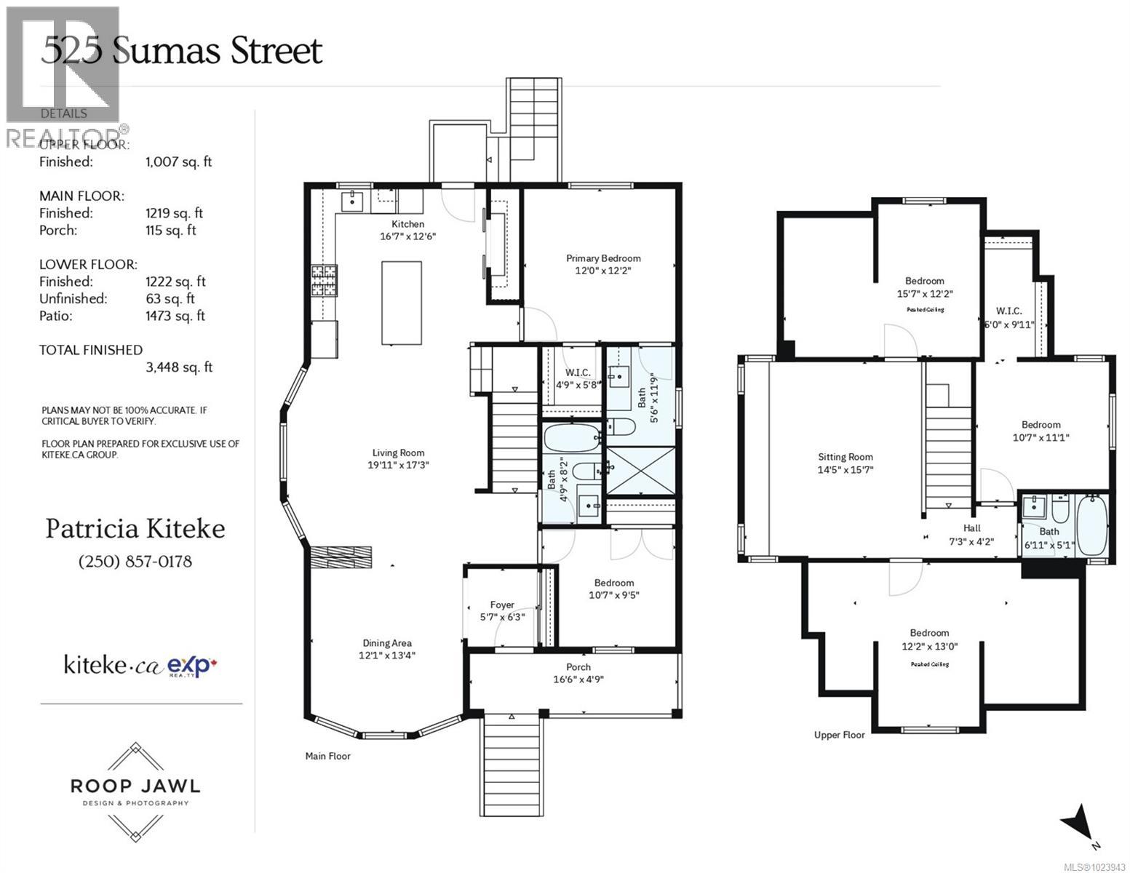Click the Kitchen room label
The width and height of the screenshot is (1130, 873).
tap(407, 224)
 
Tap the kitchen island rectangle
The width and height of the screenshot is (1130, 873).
tap(402, 303)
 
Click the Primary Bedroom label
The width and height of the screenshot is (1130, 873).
tap(603, 258)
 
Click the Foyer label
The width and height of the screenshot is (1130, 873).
tap(502, 605)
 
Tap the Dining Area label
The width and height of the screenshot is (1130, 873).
tap(387, 643)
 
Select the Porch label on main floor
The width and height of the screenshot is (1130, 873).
tap(578, 667)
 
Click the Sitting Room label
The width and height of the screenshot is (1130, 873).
tap(845, 457)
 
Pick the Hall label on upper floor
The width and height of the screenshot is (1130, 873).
tap(971, 528)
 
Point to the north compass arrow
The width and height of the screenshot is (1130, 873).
tap(1079, 824)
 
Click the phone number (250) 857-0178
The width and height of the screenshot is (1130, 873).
tap(135, 562)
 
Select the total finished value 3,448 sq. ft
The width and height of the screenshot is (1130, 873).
tap(179, 367)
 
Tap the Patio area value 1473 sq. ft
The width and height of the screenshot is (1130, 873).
tap(175, 316)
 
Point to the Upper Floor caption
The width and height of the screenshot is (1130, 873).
tap(839, 735)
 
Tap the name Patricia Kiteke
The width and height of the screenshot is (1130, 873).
tap(135, 529)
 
